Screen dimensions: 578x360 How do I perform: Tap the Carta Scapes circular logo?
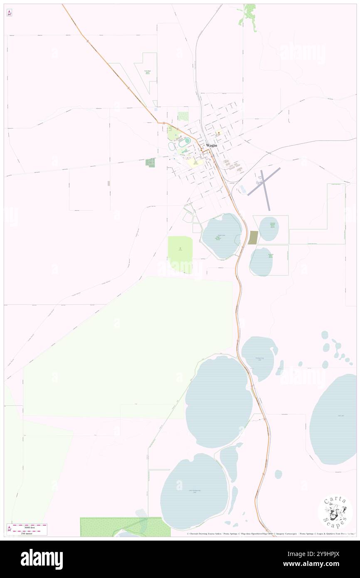click(x=335, y=512)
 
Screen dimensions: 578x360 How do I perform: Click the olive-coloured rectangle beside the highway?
click(x=253, y=237)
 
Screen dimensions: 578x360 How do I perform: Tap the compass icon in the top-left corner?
click(x=9, y=13)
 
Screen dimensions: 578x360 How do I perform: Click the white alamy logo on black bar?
click(x=42, y=559)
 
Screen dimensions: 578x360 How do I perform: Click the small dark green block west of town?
click(x=150, y=162)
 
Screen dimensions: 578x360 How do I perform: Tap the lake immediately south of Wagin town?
click(x=222, y=236)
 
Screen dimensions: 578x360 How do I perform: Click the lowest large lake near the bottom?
click(x=195, y=491)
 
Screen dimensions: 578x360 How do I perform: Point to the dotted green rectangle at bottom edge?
click(x=125, y=526)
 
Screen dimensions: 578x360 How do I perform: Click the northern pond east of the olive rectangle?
click(x=269, y=228)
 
